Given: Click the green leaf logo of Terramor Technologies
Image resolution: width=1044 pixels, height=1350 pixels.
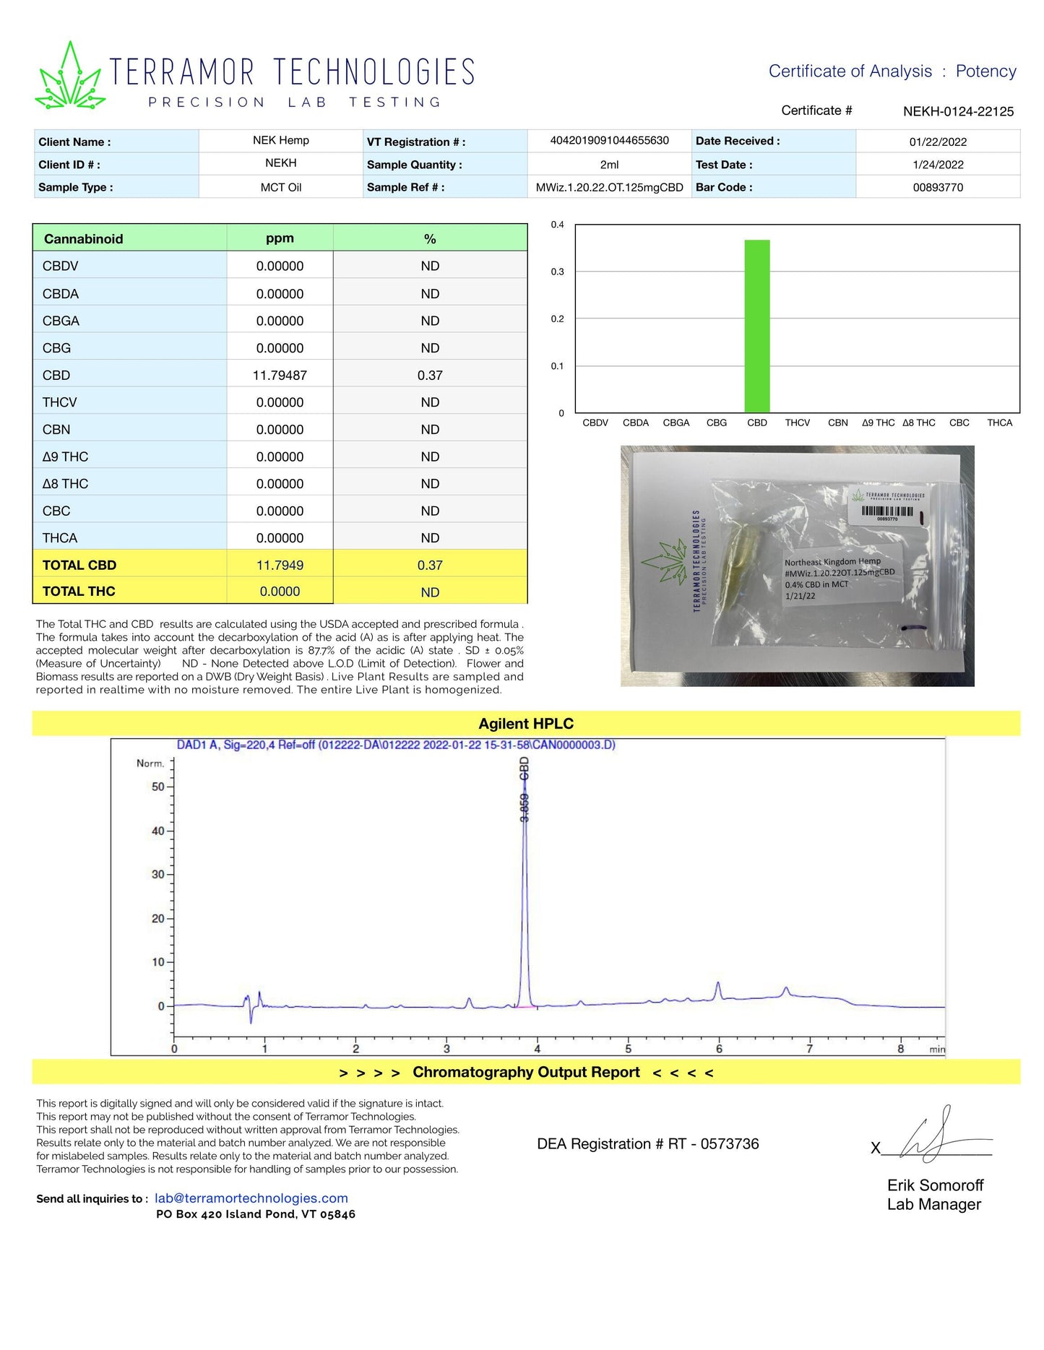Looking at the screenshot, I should [70, 77].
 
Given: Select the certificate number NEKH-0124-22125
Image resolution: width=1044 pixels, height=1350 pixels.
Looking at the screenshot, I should [958, 111].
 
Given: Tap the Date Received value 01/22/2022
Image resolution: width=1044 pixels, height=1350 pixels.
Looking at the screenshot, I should [938, 142].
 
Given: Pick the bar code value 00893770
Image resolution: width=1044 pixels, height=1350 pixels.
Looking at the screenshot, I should [938, 187].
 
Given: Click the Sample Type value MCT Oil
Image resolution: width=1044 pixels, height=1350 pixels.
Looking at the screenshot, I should [281, 187].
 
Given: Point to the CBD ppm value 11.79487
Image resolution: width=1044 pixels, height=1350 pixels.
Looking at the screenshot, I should [280, 376].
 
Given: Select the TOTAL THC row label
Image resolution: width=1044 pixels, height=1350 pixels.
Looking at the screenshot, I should [79, 592].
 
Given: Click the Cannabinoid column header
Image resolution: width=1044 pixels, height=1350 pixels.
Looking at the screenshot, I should [84, 239].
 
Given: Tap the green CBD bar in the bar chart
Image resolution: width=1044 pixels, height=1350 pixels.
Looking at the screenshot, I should [757, 326].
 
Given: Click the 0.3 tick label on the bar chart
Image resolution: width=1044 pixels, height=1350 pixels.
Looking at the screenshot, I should [557, 272].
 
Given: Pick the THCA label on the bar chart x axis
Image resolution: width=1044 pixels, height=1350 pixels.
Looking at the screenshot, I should [999, 423].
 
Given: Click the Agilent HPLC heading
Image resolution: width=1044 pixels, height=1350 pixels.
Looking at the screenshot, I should [526, 724].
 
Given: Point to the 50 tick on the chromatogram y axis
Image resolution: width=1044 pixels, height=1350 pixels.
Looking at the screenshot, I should [158, 787].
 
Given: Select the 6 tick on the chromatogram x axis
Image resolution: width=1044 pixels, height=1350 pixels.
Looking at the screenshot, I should [719, 1049].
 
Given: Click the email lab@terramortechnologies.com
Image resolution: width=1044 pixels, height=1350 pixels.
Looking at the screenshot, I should [251, 1198].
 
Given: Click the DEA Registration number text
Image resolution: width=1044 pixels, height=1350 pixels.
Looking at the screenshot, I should [648, 1144].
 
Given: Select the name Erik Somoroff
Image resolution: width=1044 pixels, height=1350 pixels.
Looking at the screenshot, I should [935, 1185].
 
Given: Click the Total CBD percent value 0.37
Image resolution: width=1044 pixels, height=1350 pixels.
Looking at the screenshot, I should [430, 566].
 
